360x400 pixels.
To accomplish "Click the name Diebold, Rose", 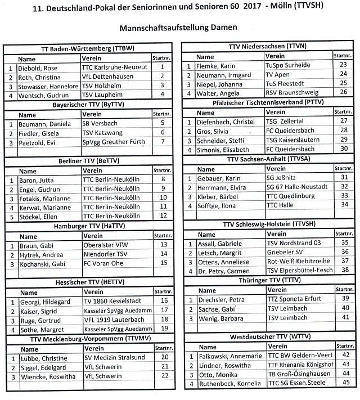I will click(x=38, y=67).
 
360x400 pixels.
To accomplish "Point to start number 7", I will click(x=162, y=141).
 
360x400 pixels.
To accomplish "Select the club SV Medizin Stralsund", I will click(x=115, y=357).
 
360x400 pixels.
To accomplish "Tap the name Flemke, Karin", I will click(x=216, y=65).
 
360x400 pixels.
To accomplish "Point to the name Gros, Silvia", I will click(x=213, y=130).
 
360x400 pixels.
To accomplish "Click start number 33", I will click(x=344, y=196).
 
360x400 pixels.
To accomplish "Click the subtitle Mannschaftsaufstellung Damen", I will click(x=178, y=28).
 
